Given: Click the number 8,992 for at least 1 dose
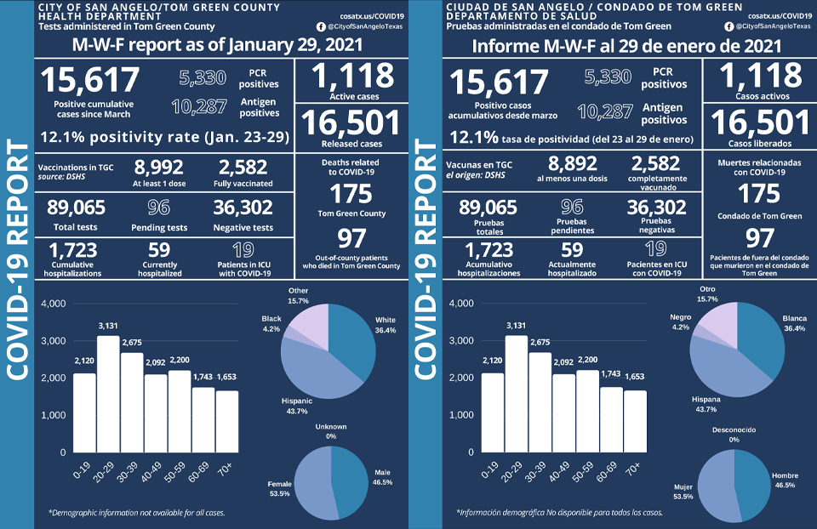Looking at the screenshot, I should pyautogui.click(x=160, y=167).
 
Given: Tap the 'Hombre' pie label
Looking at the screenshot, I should pyautogui.click(x=783, y=475).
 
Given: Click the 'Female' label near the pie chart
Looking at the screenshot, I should pyautogui.click(x=280, y=482).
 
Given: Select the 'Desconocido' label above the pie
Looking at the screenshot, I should pyautogui.click(x=734, y=429).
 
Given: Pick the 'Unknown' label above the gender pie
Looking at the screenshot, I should pyautogui.click(x=330, y=426).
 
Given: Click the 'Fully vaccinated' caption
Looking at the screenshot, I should pyautogui.click(x=243, y=184).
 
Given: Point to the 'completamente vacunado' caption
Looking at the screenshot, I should pyautogui.click(x=655, y=184).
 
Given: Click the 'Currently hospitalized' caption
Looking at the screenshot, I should pyautogui.click(x=159, y=270).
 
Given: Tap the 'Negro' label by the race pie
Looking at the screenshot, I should pyautogui.click(x=681, y=316).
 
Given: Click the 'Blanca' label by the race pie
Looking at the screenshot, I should pyautogui.click(x=795, y=319).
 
